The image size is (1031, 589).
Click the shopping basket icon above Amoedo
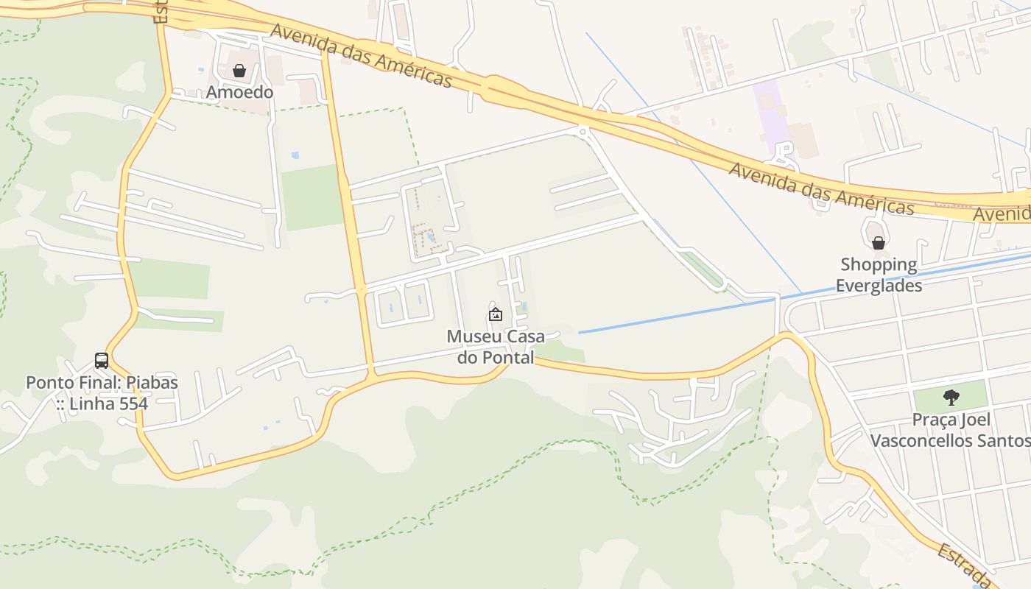tap(239, 71)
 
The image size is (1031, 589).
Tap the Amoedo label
tap(239, 92)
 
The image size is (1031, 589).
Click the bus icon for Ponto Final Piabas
tap(102, 361)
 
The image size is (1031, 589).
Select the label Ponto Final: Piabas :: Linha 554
tap(102, 393)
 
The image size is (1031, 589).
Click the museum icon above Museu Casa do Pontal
tap(496, 314)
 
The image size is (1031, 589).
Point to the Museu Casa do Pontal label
tap(496, 347)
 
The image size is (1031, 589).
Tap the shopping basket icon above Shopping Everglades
tap(878, 242)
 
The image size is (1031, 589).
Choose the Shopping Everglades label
tap(879, 275)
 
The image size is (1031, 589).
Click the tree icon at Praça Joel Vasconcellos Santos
tap(951, 398)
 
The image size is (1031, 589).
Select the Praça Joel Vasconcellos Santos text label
tap(951, 430)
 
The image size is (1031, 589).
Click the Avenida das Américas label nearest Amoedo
tap(361, 55)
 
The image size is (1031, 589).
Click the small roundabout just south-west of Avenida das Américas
tap(583, 133)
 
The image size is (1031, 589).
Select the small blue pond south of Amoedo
tap(295, 155)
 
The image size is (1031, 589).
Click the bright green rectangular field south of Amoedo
tap(313, 197)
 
